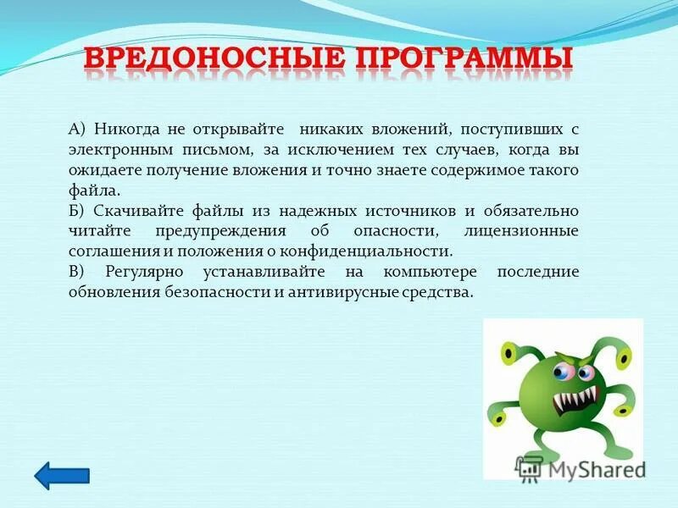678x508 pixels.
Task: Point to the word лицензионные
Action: click(x=521, y=231)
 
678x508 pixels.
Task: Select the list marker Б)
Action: click(x=78, y=211)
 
